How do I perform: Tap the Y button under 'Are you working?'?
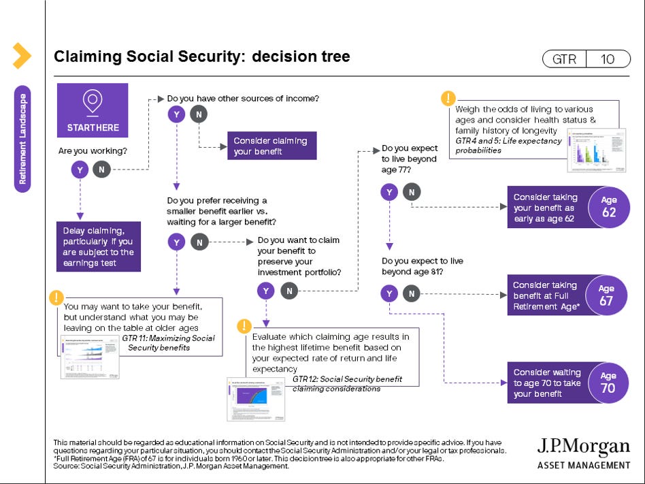click(80, 170)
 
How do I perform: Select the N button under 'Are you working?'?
click(101, 170)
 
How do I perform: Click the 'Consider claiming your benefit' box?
click(271, 146)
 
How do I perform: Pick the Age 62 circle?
click(608, 207)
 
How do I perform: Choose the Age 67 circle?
click(606, 295)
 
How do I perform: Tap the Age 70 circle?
click(608, 383)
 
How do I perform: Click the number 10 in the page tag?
click(608, 59)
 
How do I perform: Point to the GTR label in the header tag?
click(564, 59)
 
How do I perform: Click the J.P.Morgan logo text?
click(583, 447)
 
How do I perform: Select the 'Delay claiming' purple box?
click(99, 246)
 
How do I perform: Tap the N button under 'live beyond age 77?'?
click(410, 192)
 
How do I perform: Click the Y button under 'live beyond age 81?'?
click(389, 293)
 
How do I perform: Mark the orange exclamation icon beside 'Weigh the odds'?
click(448, 98)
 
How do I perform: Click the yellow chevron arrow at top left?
click(22, 56)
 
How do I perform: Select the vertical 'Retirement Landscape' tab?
click(22, 139)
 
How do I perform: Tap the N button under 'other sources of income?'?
click(198, 115)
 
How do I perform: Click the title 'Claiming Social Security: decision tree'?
click(202, 57)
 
